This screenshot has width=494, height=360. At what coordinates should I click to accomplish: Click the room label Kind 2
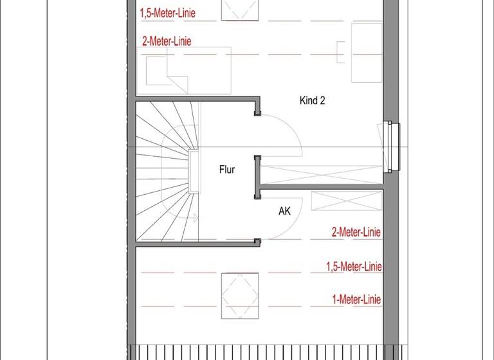311,100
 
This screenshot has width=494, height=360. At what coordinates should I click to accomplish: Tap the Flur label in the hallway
226,170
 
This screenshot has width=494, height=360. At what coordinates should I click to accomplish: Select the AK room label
285,210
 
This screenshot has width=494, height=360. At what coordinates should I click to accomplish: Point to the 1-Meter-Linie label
356,300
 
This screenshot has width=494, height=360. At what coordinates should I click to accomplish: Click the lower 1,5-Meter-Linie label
354,266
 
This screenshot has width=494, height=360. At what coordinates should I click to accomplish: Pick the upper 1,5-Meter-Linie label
168,12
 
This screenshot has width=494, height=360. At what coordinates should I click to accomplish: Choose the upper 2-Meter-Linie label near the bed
167,41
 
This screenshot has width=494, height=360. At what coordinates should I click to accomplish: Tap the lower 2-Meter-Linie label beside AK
356,232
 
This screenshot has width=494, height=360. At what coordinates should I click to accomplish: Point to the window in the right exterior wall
390,147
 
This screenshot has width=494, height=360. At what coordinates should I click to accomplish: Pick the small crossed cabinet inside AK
338,201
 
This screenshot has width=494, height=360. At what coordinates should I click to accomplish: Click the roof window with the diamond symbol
240,295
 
